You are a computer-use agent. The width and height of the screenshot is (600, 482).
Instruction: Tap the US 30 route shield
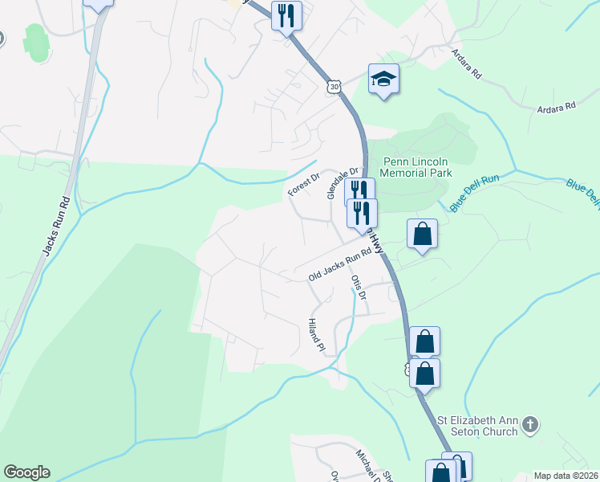tap(334, 86)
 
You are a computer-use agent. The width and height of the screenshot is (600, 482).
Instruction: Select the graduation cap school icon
tap(383, 79)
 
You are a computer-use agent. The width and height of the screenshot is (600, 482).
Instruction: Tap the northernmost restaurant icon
tap(286, 14)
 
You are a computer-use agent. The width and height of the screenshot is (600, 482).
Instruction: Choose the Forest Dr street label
tap(304, 185)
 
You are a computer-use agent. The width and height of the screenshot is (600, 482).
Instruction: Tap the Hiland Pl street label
tap(315, 335)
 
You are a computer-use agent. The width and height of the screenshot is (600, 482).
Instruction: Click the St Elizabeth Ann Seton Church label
tap(476, 426)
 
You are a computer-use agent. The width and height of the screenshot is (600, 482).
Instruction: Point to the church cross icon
tap(529, 423)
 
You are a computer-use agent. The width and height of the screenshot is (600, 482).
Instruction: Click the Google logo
tap(26, 472)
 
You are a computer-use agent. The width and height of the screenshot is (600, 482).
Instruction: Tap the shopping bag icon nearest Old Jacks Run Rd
tap(422, 235)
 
